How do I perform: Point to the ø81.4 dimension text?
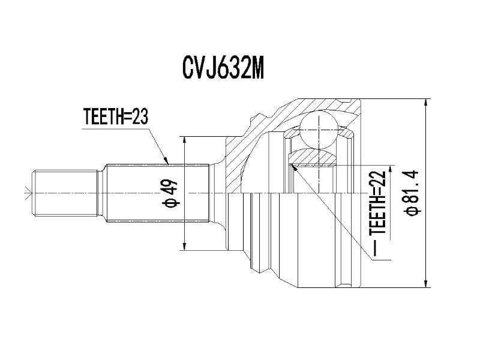click(413, 193)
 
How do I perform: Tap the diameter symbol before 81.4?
click(413, 211)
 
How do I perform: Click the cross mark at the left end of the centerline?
click(25, 193)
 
